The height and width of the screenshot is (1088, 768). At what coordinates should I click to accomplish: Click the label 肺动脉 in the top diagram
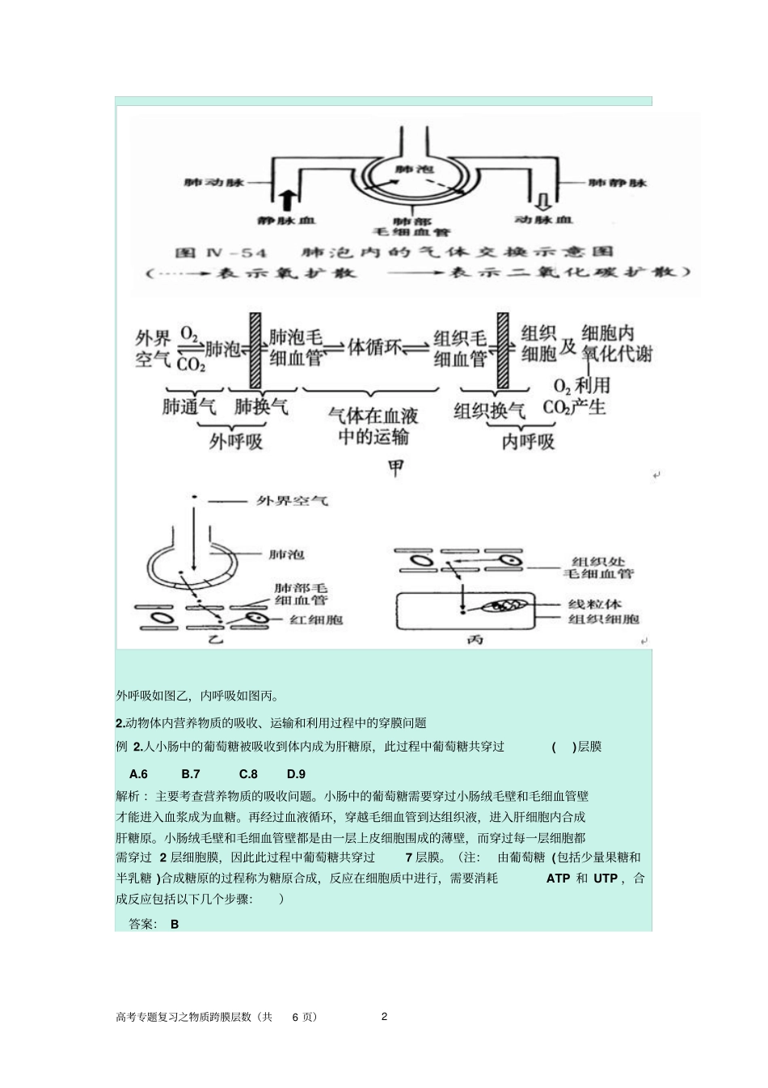click(214, 183)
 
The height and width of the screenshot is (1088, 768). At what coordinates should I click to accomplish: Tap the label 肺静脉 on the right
click(618, 183)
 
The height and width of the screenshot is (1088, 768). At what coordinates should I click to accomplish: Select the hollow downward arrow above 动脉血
click(543, 199)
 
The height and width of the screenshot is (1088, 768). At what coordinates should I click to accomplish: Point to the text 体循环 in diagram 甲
click(374, 347)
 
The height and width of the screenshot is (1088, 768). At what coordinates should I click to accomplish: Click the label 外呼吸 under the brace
click(236, 442)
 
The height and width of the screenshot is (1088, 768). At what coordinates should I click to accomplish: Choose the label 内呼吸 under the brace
click(529, 442)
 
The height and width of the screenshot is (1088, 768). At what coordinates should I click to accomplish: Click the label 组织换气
click(490, 410)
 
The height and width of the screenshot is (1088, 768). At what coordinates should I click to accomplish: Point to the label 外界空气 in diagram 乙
click(292, 502)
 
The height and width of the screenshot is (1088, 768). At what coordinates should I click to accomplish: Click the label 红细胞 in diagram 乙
click(316, 620)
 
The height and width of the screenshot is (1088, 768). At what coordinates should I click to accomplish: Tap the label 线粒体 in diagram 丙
click(594, 604)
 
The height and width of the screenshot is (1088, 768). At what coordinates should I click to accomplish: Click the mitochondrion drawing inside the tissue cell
click(507, 605)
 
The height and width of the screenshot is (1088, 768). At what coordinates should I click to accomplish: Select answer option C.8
click(248, 774)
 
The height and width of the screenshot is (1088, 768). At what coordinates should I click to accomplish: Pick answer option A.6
click(138, 774)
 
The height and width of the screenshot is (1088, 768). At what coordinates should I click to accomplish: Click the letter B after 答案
click(175, 924)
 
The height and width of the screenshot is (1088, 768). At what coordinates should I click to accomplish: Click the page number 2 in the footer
click(384, 1017)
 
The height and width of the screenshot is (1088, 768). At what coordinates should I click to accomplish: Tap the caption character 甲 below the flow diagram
click(395, 468)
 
